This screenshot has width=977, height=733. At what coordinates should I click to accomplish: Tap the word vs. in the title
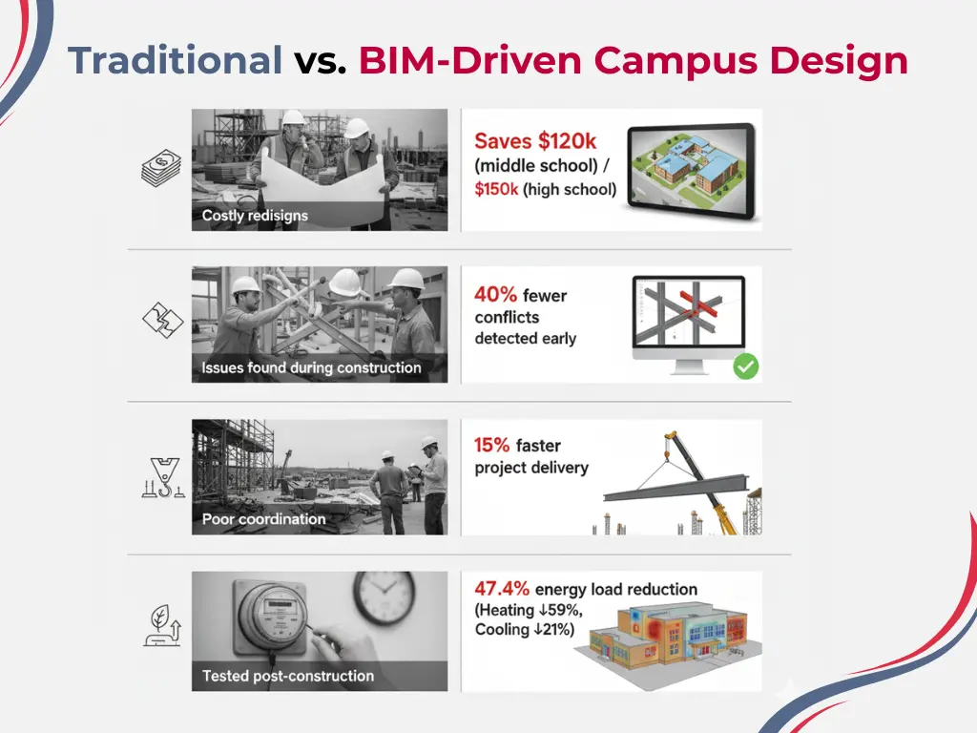[320, 61]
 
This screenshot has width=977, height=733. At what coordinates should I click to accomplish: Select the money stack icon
[161, 170]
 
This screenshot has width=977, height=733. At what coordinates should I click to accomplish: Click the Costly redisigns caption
[255, 216]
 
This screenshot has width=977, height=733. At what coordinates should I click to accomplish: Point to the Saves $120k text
[535, 141]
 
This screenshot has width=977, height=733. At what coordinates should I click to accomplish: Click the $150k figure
[496, 189]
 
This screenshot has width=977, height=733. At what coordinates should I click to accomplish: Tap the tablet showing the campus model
[693, 170]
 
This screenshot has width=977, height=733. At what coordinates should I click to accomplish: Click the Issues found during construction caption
[311, 367]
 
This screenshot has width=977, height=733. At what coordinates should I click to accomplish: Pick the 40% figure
[495, 295]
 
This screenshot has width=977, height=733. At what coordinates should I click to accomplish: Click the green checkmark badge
[745, 366]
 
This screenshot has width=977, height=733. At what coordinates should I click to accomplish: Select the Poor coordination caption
[263, 519]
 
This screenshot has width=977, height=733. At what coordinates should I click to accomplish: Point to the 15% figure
[492, 445]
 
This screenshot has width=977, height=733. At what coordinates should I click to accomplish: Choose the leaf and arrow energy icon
[161, 625]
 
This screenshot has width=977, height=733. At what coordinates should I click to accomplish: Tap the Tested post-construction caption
[287, 676]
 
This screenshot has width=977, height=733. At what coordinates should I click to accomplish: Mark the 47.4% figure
[502, 589]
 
